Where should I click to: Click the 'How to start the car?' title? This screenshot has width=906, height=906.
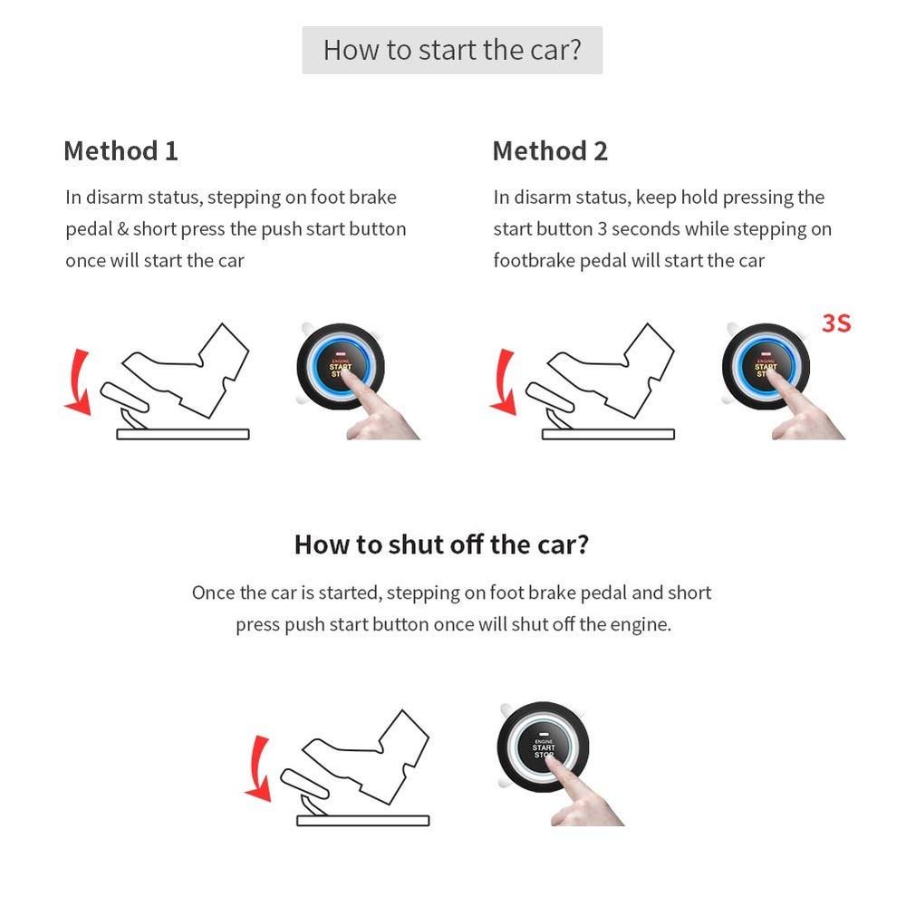tap(452, 50)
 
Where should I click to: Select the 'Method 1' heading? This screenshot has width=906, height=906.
tap(120, 150)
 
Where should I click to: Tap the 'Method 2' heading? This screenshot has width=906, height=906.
tap(550, 150)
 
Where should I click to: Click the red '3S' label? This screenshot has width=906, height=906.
tap(835, 323)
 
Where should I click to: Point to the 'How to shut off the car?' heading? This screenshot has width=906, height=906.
tap(441, 545)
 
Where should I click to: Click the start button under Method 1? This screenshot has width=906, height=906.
tap(340, 365)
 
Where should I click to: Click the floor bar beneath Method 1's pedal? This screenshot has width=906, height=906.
tap(182, 434)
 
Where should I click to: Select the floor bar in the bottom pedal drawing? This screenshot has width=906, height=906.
tap(362, 821)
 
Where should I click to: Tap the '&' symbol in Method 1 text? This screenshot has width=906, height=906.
tap(123, 229)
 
